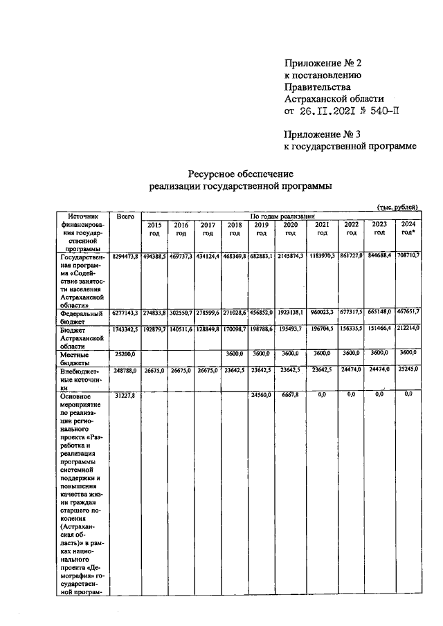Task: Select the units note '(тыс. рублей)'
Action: click(x=397, y=208)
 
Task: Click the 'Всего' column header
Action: click(x=125, y=217)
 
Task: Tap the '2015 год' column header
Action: click(x=154, y=229)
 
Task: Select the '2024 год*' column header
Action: click(x=407, y=229)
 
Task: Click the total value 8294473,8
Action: click(x=125, y=257)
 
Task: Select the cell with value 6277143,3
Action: click(x=125, y=313)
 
